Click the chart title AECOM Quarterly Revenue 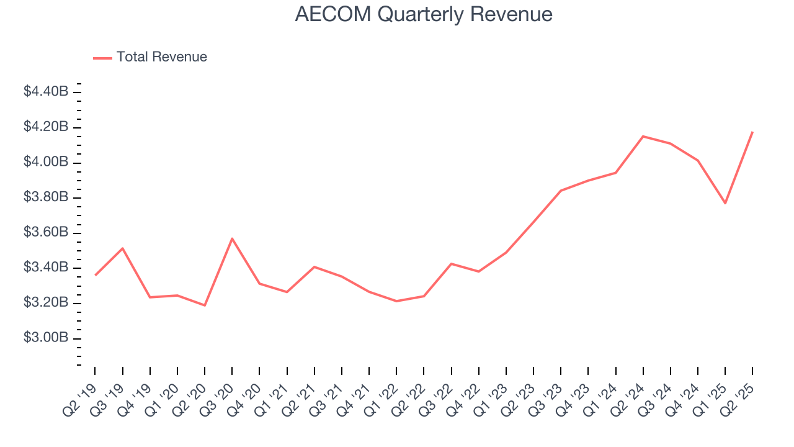tap(424, 14)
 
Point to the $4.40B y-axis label tap(46, 92)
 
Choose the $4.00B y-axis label tap(46, 162)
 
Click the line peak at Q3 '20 tap(232, 238)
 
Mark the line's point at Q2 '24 tap(643, 136)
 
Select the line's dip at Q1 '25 tap(725, 203)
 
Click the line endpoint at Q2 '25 tap(752, 132)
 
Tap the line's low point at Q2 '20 tap(205, 305)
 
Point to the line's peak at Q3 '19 tap(123, 248)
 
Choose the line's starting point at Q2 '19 tap(95, 275)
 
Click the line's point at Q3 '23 tap(561, 191)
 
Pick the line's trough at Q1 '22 tap(396, 301)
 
